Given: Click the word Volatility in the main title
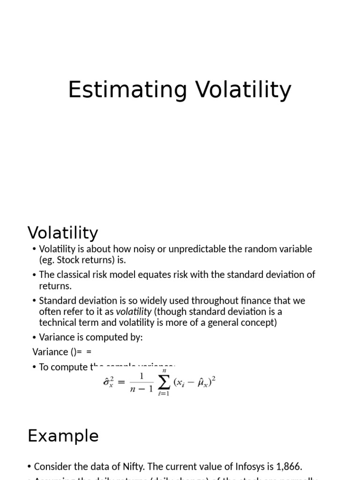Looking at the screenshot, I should (243, 90).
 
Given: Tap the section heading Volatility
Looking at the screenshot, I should (63, 232).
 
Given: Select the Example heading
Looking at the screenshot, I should (63, 436).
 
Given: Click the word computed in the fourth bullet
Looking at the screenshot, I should (103, 337).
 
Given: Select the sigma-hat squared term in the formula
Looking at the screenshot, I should (109, 382).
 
